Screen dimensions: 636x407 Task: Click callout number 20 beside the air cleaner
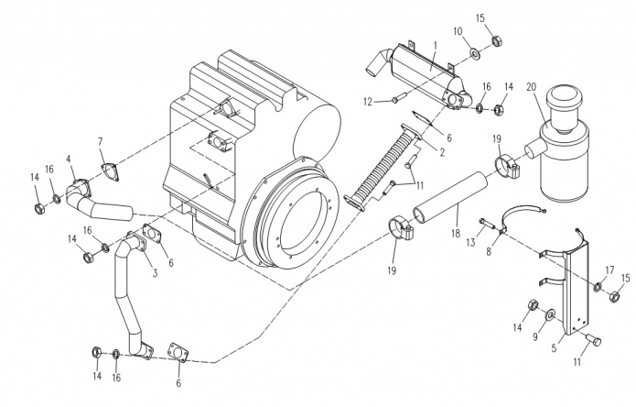tap(532, 87)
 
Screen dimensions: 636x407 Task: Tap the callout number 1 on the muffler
tap(436, 45)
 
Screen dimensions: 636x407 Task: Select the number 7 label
tap(100, 142)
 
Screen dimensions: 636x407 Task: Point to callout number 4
tap(69, 159)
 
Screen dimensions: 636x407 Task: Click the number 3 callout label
tap(155, 273)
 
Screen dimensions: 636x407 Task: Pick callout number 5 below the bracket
tap(554, 348)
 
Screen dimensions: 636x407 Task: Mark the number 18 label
tap(456, 234)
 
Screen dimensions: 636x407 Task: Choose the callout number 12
tap(368, 102)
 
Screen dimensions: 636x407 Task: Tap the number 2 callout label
tap(442, 153)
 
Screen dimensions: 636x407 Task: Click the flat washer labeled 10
tap(474, 52)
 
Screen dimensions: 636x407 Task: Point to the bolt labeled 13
tap(486, 222)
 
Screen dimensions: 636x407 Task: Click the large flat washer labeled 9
tap(551, 314)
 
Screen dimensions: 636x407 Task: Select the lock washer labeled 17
tap(598, 287)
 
